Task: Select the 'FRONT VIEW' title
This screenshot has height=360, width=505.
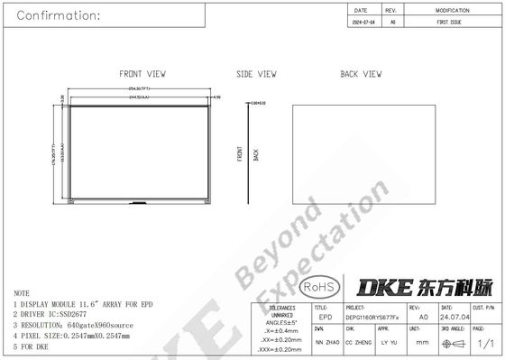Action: tap(141, 74)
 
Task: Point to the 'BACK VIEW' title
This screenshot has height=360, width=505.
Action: tap(362, 74)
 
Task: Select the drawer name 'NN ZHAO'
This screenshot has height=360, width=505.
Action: tap(326, 342)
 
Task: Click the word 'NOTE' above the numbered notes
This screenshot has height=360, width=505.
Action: tap(21, 294)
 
